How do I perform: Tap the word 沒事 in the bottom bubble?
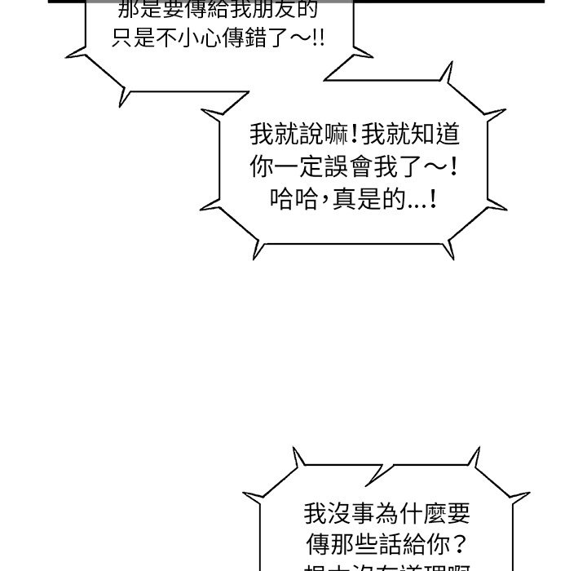[338, 514]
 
